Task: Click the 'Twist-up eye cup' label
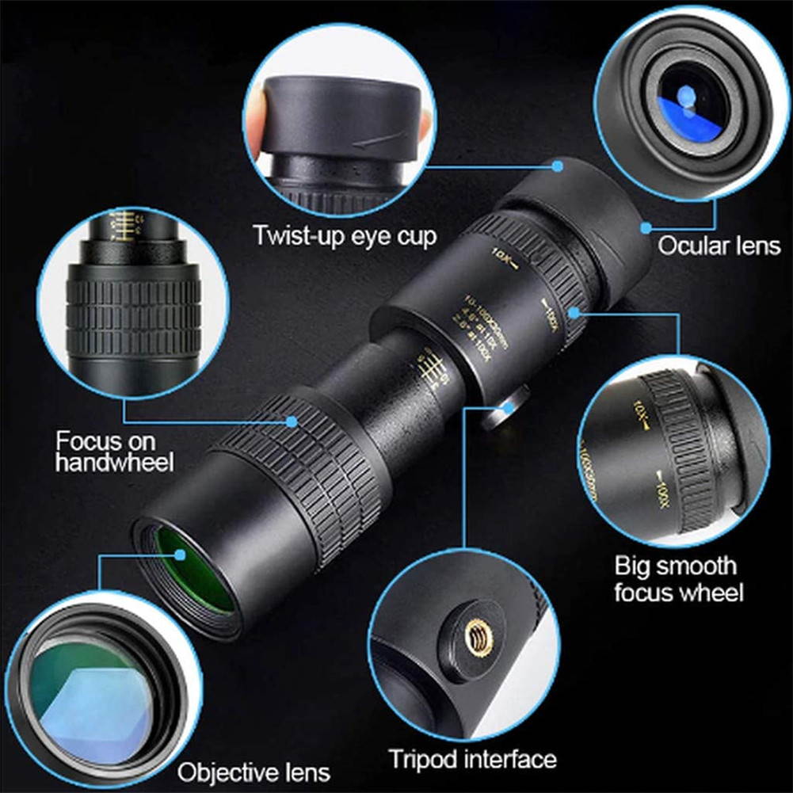[345, 235]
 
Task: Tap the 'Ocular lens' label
[719, 246]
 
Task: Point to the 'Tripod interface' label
[472, 758]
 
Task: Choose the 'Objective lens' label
[254, 771]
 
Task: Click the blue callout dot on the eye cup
[558, 166]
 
